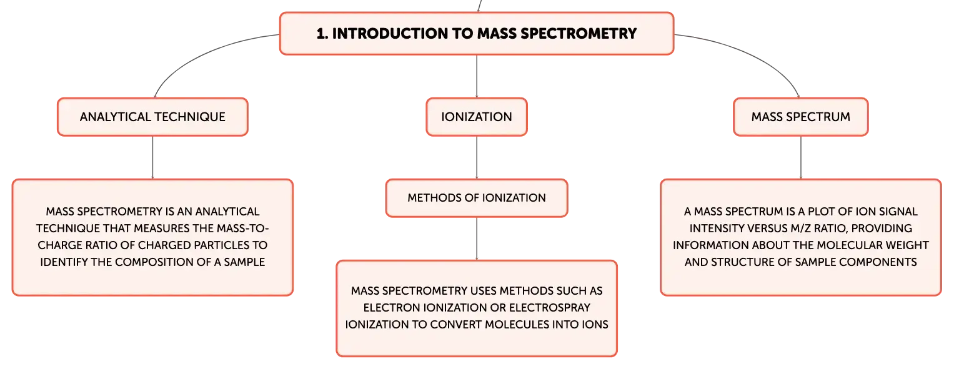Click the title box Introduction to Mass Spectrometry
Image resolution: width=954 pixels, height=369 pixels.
(476, 34)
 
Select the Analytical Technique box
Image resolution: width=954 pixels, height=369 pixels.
(152, 117)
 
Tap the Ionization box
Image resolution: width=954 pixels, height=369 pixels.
(477, 117)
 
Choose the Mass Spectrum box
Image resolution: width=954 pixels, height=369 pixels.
(800, 117)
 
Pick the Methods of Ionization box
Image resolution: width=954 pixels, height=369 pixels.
(477, 198)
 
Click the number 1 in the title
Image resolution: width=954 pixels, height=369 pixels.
(320, 34)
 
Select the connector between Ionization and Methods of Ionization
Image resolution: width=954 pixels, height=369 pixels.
(477, 158)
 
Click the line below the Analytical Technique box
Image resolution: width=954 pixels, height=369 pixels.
(152, 157)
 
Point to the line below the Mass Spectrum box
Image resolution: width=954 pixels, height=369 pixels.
(801, 157)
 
